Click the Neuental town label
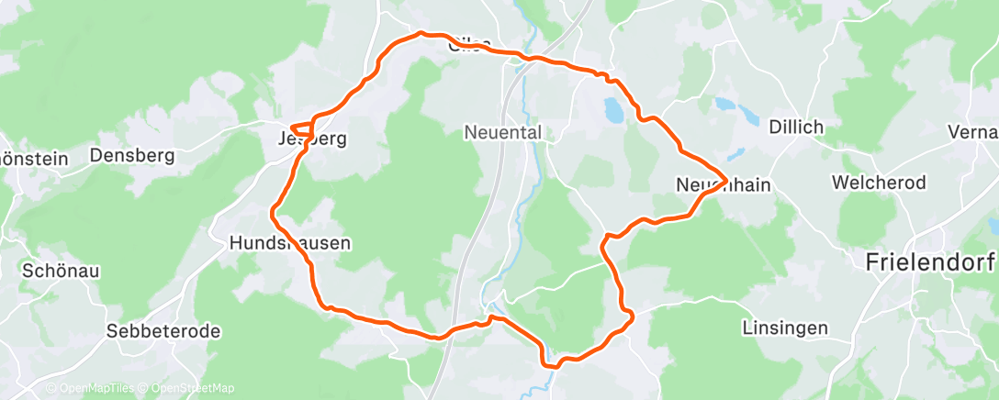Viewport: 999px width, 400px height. point(502,133)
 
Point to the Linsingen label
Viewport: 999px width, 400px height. point(783,328)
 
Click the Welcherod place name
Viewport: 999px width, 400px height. point(878,183)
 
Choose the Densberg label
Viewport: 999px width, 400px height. point(132,156)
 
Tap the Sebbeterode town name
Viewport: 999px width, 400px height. point(163,331)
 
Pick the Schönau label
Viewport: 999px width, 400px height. point(60,272)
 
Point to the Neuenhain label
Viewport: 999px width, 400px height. point(723,184)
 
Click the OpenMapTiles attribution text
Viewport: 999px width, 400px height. point(96,389)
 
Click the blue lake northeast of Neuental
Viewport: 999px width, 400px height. point(612,111)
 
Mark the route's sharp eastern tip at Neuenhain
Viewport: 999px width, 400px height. point(727,177)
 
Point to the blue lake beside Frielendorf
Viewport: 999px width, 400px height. point(993,225)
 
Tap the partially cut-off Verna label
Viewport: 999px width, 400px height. point(976,132)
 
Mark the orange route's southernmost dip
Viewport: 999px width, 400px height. point(551,364)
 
